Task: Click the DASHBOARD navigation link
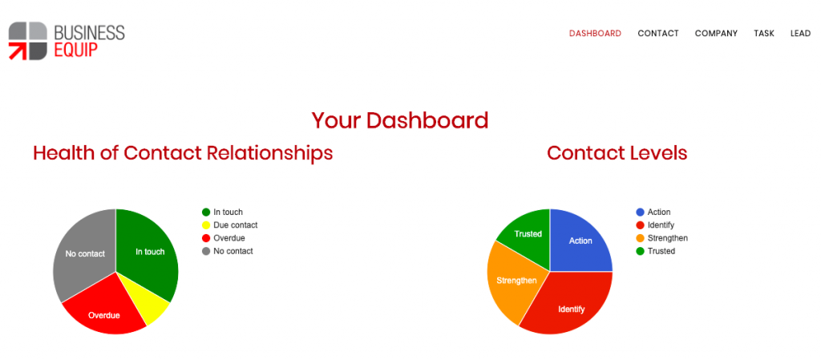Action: click(596, 34)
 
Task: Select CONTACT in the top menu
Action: click(658, 34)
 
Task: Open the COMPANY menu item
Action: click(716, 34)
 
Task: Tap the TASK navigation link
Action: click(764, 34)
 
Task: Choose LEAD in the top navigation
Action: click(801, 34)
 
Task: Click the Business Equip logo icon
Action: click(28, 41)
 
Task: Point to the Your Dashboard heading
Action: click(400, 121)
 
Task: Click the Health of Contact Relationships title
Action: click(183, 153)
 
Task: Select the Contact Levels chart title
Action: click(617, 153)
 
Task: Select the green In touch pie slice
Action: click(149, 251)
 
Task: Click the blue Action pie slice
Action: click(581, 241)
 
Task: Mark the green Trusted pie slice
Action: click(527, 234)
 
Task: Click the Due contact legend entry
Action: click(230, 225)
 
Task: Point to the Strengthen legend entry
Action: click(661, 238)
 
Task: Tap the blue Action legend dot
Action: click(640, 212)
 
